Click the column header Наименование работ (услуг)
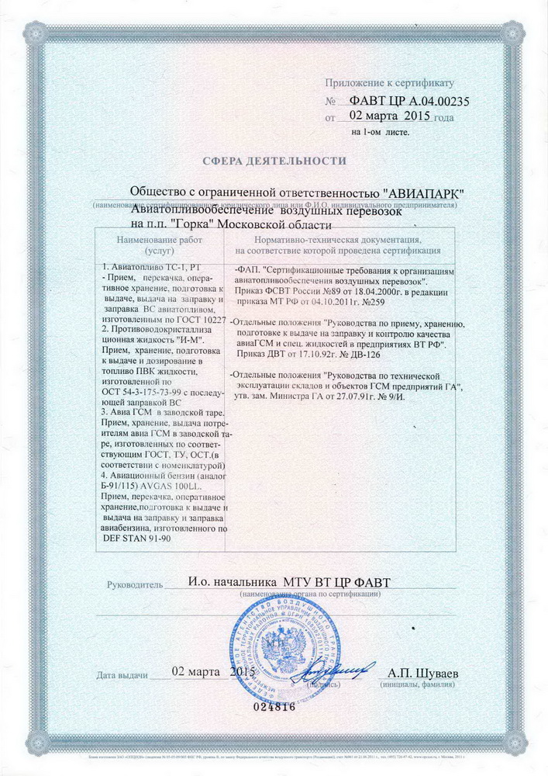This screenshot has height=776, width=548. (159, 245)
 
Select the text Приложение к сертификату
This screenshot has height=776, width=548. (395, 81)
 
